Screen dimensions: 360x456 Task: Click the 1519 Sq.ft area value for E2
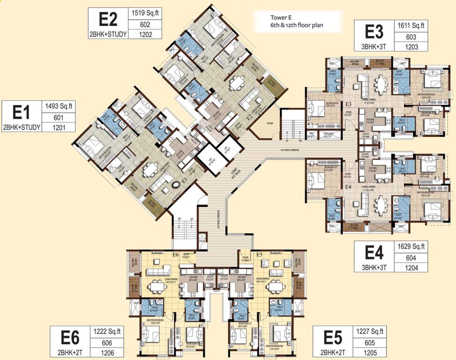(x=145, y=13)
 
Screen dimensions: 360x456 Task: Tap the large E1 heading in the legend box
(x=21, y=113)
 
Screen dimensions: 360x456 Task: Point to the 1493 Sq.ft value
(x=59, y=106)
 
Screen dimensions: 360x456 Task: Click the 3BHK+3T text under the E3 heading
(x=374, y=46)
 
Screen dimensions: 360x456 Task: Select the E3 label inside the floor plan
(x=348, y=104)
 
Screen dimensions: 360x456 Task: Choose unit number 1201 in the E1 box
(x=59, y=127)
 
